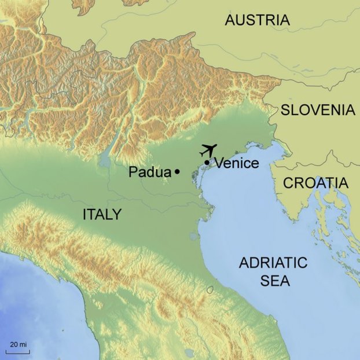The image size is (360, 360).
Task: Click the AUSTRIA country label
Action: pyautogui.click(x=257, y=20)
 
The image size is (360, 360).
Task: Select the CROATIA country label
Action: pyautogui.click(x=315, y=183)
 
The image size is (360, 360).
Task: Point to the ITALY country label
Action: pyautogui.click(x=102, y=215)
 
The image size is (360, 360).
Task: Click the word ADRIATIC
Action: pyautogui.click(x=273, y=263)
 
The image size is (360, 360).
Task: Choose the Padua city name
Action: pyautogui.click(x=149, y=172)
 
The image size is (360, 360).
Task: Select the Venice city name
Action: pyautogui.click(x=236, y=164)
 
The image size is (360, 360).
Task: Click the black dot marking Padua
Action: pyautogui.click(x=177, y=171)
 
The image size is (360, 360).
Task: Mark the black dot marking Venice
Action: pyautogui.click(x=207, y=162)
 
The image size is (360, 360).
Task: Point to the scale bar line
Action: pyautogui.click(x=18, y=351)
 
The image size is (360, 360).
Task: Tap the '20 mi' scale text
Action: pyautogui.click(x=18, y=344)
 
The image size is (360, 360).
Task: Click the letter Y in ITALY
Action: pyautogui.click(x=117, y=215)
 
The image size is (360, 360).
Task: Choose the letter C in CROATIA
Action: pyautogui.click(x=288, y=183)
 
